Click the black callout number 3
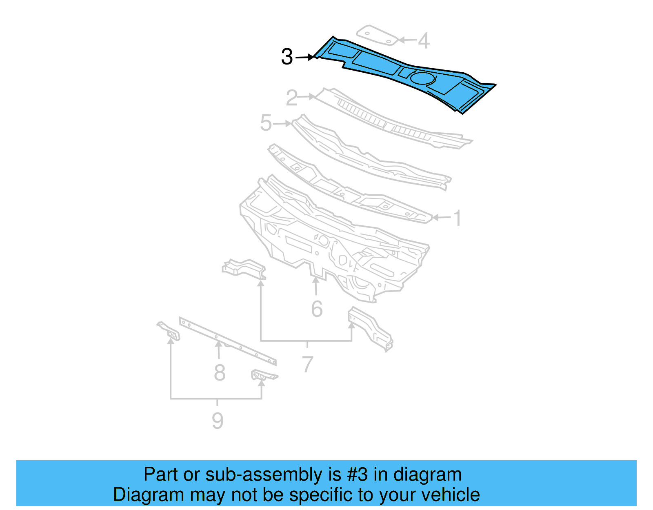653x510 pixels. click(x=287, y=57)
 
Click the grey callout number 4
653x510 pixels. click(x=424, y=41)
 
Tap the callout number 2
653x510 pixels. click(x=292, y=98)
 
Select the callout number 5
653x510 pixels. click(x=266, y=123)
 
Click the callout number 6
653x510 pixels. click(x=317, y=309)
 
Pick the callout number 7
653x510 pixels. click(x=307, y=364)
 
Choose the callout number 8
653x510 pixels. click(x=220, y=372)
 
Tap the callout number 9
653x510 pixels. click(x=218, y=421)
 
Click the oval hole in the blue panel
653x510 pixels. click(x=422, y=78)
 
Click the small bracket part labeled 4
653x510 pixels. click(x=376, y=36)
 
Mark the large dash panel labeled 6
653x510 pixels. click(x=326, y=245)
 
